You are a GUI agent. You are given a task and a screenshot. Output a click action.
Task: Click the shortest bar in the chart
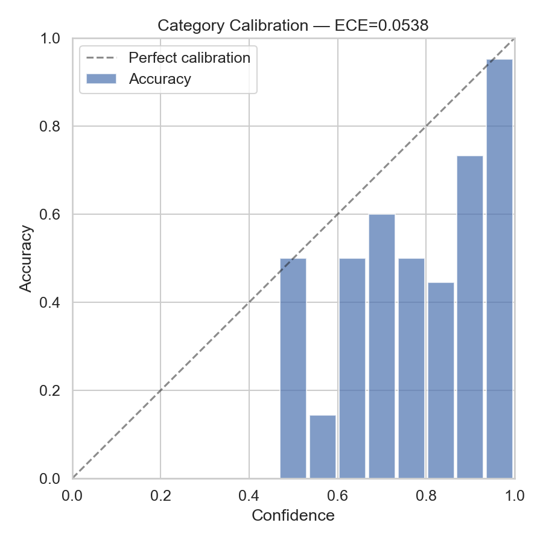323,446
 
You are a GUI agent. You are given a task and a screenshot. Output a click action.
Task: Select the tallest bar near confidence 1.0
500,268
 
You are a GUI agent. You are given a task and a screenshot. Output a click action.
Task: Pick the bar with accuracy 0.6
382,346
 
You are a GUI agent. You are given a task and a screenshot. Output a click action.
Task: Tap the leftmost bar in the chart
293,368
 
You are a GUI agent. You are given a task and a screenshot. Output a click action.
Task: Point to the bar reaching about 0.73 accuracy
470,317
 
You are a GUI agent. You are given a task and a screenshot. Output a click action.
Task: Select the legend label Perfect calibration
189,58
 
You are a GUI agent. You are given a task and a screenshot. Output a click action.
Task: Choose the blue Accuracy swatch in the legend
101,79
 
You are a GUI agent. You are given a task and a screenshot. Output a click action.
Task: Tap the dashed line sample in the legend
101,59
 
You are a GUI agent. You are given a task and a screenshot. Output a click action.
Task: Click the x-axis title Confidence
293,515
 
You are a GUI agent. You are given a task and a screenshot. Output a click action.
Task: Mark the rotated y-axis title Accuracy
25,258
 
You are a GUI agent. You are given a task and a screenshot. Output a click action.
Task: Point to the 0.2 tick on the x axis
160,495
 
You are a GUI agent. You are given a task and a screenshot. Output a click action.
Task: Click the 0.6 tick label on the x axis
337,495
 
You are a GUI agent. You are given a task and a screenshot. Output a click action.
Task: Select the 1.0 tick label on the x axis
514,495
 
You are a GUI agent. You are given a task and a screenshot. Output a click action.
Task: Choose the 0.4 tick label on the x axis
249,495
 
